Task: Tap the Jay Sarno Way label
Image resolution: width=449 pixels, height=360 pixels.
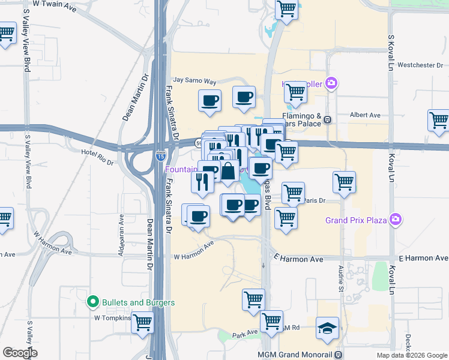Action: pos(194,80)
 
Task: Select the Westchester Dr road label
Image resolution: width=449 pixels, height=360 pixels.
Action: pos(420,65)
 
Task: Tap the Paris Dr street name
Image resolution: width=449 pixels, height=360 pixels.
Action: pos(314,200)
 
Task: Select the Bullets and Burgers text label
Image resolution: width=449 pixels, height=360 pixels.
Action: pos(137,302)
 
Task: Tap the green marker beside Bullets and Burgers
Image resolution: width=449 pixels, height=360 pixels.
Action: pos(92,302)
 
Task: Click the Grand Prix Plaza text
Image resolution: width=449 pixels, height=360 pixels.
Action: pos(355,220)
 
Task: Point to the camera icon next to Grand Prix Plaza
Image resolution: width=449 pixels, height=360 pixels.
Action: pos(395,220)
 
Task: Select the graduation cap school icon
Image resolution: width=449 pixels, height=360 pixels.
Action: pos(327,328)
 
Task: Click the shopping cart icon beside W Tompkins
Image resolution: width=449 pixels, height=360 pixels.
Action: pos(142,322)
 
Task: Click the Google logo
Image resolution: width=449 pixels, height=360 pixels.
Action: pos(20,353)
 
